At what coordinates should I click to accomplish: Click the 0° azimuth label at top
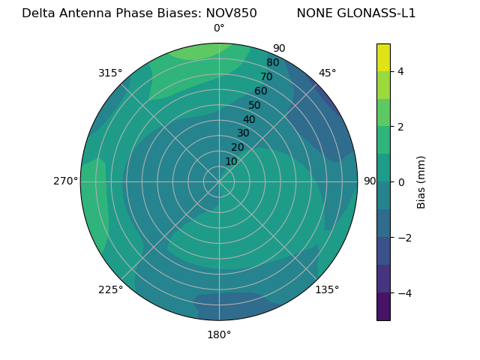[x=219, y=28]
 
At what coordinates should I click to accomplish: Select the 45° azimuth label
[x=327, y=73]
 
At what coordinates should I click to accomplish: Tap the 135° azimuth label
[x=327, y=289]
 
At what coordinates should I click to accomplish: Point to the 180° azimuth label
[x=219, y=334]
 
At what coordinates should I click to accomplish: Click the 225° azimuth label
[x=110, y=289]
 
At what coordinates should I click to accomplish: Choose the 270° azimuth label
[x=65, y=181]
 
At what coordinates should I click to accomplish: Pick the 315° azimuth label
[x=110, y=73]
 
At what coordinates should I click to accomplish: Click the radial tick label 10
[x=231, y=161]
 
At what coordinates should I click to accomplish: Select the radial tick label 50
[x=255, y=105]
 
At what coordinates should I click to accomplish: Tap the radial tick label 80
[x=272, y=63]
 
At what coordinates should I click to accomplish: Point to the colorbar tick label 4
[x=400, y=71]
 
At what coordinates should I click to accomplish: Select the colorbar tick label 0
[x=400, y=182]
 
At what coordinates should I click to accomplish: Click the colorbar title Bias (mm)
[x=421, y=182]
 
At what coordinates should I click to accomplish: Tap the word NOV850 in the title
[x=230, y=13]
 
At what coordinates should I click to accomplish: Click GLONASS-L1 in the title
[x=377, y=13]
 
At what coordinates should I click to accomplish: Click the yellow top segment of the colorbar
[x=383, y=57]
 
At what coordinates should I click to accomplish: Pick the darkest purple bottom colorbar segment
[x=383, y=306]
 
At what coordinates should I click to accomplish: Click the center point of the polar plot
[x=219, y=181]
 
